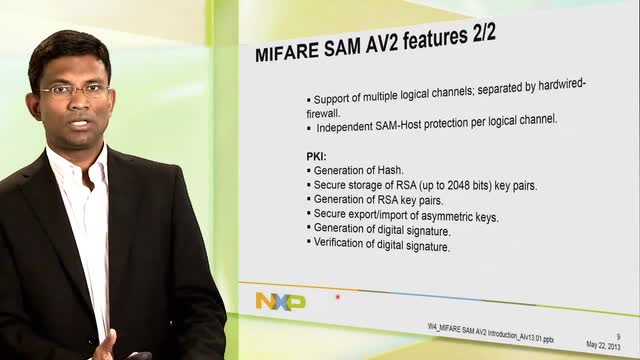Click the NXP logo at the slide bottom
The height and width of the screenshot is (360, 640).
280,300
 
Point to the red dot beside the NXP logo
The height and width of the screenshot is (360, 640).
338,296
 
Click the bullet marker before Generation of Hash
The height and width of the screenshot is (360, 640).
309,172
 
